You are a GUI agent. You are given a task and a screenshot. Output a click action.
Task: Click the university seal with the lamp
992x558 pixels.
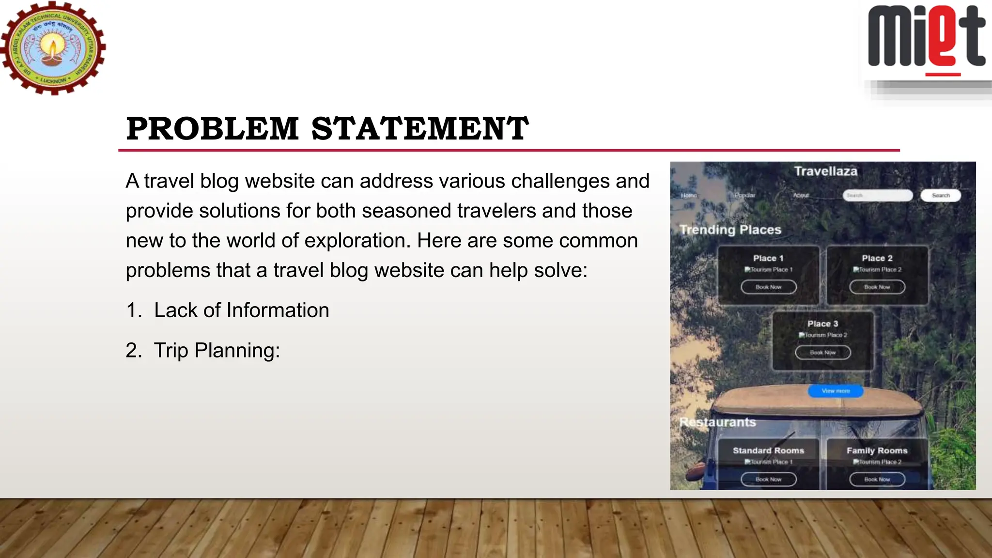click(x=52, y=48)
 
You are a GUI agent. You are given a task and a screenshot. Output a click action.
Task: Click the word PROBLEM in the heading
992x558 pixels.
click(x=212, y=129)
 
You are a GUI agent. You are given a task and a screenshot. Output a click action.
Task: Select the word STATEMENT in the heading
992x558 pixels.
click(x=419, y=129)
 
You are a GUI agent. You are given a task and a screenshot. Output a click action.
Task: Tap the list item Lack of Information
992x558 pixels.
click(x=241, y=310)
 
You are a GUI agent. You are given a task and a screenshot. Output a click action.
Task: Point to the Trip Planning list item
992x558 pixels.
click(x=217, y=350)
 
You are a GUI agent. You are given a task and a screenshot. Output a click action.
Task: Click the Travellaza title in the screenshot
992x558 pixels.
click(x=825, y=171)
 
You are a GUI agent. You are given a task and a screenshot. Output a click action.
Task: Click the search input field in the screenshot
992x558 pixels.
click(x=878, y=195)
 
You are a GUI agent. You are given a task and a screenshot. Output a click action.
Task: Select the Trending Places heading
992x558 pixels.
click(x=730, y=230)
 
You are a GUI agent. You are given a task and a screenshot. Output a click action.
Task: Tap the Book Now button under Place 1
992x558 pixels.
click(x=768, y=287)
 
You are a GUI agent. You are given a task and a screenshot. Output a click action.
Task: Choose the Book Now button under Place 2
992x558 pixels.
click(x=877, y=287)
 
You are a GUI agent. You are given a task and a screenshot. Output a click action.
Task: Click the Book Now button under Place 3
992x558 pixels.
click(x=822, y=353)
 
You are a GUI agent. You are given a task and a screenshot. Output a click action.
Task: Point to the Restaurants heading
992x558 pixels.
click(x=717, y=422)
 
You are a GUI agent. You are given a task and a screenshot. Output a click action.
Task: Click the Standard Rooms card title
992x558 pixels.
click(x=768, y=450)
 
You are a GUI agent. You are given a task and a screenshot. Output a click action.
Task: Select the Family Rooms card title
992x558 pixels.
click(x=877, y=450)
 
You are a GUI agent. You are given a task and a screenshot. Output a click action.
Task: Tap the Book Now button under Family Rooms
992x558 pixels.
click(x=877, y=480)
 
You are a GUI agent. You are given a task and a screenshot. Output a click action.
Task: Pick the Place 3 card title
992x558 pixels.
click(x=822, y=324)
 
